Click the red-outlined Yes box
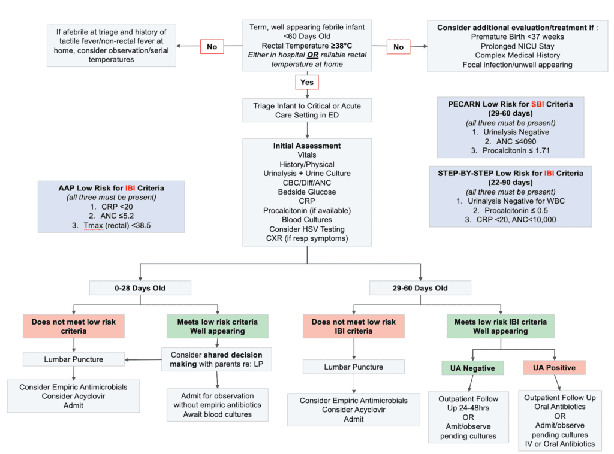pyautogui.click(x=306, y=82)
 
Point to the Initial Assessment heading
pyautogui.click(x=306, y=146)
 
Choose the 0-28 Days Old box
pyautogui.click(x=140, y=288)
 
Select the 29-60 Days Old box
pyautogui.click(x=420, y=288)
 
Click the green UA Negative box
pyautogui.click(x=473, y=367)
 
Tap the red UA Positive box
pyautogui.click(x=555, y=367)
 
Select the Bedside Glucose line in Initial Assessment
pyautogui.click(x=306, y=192)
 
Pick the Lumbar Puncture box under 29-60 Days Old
pyautogui.click(x=353, y=367)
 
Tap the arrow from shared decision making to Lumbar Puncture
pyautogui.click(x=143, y=359)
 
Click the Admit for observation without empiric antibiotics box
pyautogui.click(x=217, y=405)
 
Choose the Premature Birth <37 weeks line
pyautogui.click(x=513, y=37)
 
